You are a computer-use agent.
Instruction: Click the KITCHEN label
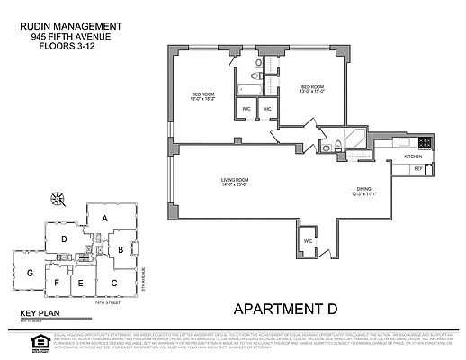413,156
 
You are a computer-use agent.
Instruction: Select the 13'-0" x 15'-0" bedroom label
311,90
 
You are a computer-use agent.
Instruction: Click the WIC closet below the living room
307,241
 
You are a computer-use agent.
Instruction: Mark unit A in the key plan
104,219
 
